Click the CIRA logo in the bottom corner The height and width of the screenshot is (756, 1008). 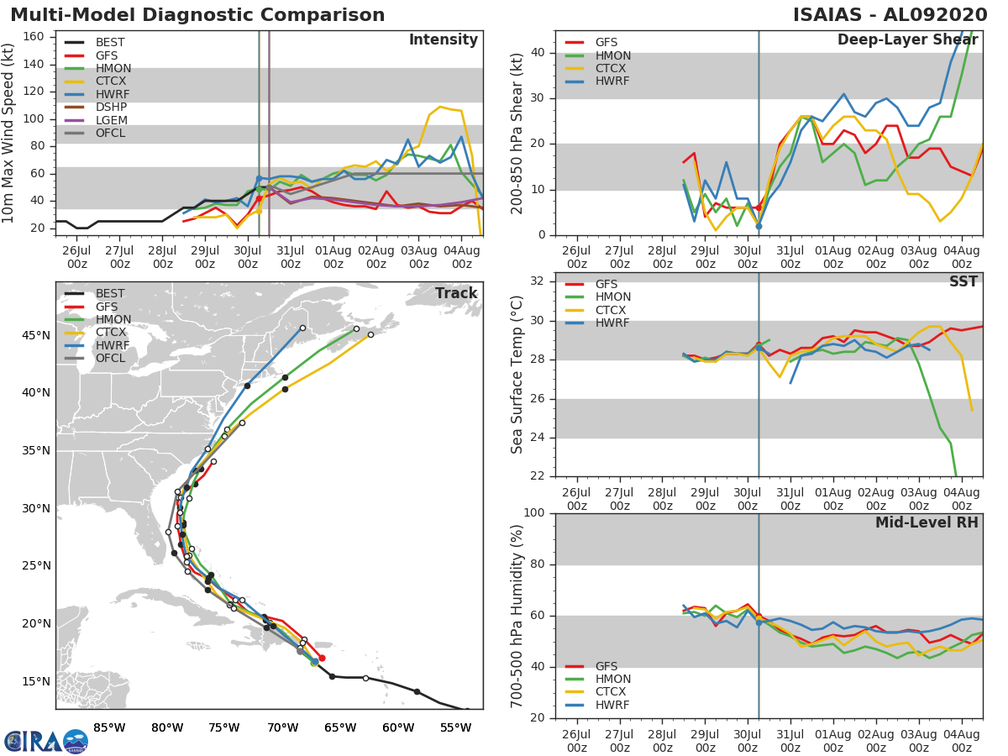pos(46,741)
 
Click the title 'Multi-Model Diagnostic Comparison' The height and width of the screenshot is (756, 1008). pos(197,14)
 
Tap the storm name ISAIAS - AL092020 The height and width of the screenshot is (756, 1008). pos(890,14)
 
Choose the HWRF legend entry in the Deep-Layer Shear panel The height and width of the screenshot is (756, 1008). pos(597,81)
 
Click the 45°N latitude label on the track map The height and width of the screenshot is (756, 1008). pos(36,335)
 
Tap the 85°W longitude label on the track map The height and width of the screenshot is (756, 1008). pos(109,728)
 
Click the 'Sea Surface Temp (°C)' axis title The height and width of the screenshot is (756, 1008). pos(517,375)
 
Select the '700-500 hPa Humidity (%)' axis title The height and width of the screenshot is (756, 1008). pos(517,617)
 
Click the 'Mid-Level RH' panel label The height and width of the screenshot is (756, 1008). pos(927,522)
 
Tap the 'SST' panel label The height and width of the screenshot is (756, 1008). pos(963,281)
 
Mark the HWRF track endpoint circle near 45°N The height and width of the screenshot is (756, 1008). pos(302,328)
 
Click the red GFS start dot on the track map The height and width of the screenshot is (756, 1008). pos(322,659)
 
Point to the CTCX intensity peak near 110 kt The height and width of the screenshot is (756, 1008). pos(440,107)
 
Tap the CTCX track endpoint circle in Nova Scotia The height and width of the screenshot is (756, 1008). pos(370,334)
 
